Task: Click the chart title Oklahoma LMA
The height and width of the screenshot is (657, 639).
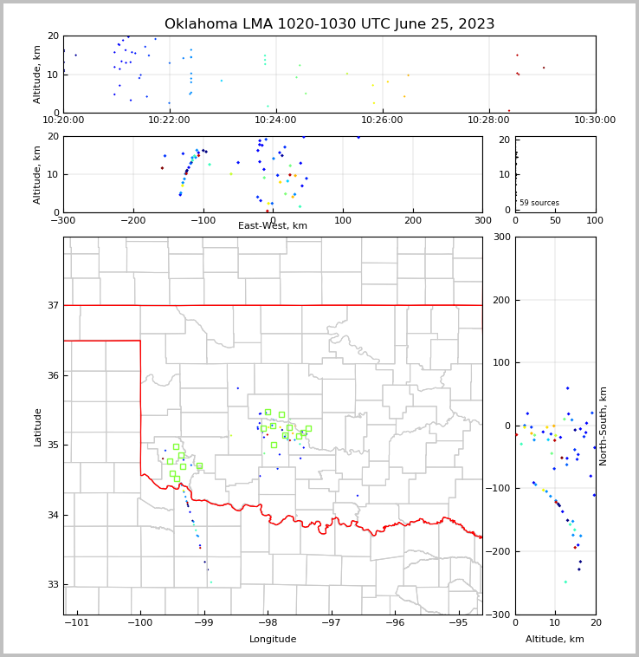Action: point(329,24)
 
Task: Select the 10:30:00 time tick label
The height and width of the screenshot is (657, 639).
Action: point(595,120)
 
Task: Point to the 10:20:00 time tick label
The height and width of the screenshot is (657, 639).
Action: point(63,120)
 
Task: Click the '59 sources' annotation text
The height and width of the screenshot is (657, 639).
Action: point(539,203)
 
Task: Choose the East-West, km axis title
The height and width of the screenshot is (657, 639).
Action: point(273,226)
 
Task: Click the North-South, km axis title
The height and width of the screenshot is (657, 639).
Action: point(603,426)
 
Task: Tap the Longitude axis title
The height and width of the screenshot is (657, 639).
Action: point(273,640)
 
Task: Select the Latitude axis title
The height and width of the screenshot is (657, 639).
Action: point(37,426)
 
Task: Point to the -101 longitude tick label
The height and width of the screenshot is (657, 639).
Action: point(76,623)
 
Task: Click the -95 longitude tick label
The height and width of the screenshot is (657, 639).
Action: point(458,623)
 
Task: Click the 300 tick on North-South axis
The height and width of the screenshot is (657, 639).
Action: point(500,237)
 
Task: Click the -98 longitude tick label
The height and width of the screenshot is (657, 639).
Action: point(268,623)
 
